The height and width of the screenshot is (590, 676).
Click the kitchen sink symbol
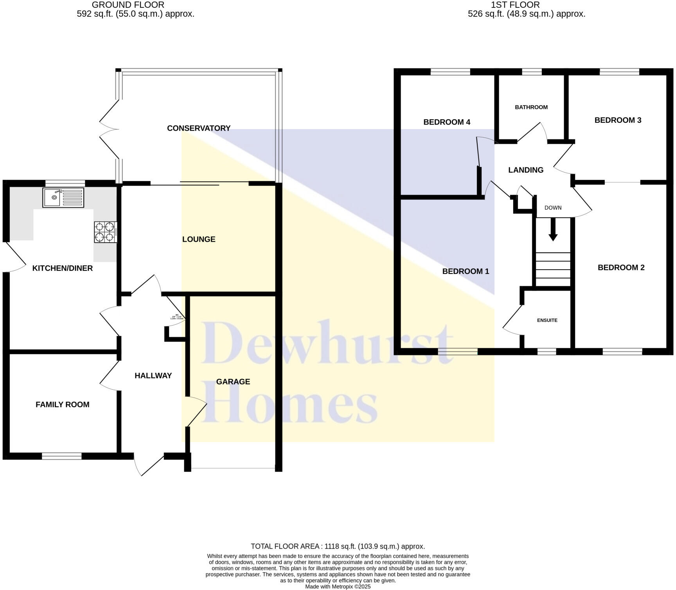pos(63,198)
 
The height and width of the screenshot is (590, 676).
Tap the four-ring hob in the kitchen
pos(105,232)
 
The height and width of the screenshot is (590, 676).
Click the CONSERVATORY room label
pos(199,128)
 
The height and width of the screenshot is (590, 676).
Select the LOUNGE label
pos(199,239)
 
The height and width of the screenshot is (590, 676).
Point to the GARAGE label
pos(233,382)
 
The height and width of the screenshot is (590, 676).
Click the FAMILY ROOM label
pos(63,405)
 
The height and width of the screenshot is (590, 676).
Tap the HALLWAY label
pos(153,376)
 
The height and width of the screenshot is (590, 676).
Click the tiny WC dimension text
pos(177,317)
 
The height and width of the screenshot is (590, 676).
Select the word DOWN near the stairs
pos(553,208)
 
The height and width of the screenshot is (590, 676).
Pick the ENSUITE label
pos(547,320)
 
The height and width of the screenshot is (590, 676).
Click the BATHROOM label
pos(531,107)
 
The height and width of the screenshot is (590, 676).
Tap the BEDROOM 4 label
pos(447,122)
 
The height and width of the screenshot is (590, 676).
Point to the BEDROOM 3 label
pos(618,121)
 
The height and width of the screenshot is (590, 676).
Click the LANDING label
pos(526,170)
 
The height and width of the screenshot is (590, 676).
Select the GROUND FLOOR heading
pos(128,5)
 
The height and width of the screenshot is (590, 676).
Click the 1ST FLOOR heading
pos(515,5)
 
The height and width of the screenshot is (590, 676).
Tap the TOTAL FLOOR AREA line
pos(338,547)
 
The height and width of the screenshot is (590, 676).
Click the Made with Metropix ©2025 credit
pos(338,587)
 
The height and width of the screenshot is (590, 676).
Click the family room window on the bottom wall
pos(62,456)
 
